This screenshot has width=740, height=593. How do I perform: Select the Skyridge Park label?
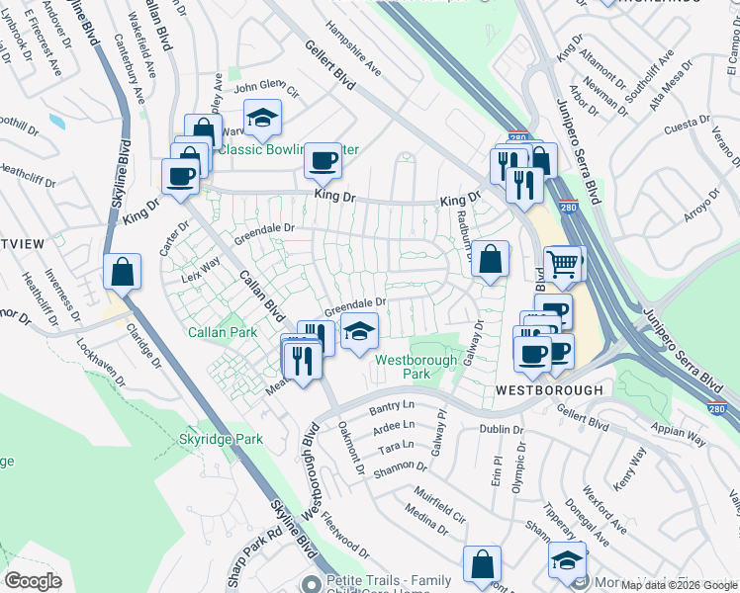pos(221,438)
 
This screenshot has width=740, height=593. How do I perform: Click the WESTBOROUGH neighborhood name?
pos(549,390)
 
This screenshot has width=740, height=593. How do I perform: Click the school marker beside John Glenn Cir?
pos(262,118)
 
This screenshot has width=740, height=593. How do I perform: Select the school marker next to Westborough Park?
pos(361,331)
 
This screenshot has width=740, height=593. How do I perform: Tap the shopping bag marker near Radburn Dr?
pos(490,260)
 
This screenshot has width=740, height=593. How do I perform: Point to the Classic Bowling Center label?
pos(287,150)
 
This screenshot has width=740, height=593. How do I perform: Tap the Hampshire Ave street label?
pos(353,50)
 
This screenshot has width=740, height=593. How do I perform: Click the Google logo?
pos(33,581)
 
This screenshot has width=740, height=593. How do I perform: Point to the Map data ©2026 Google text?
pos(679,585)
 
